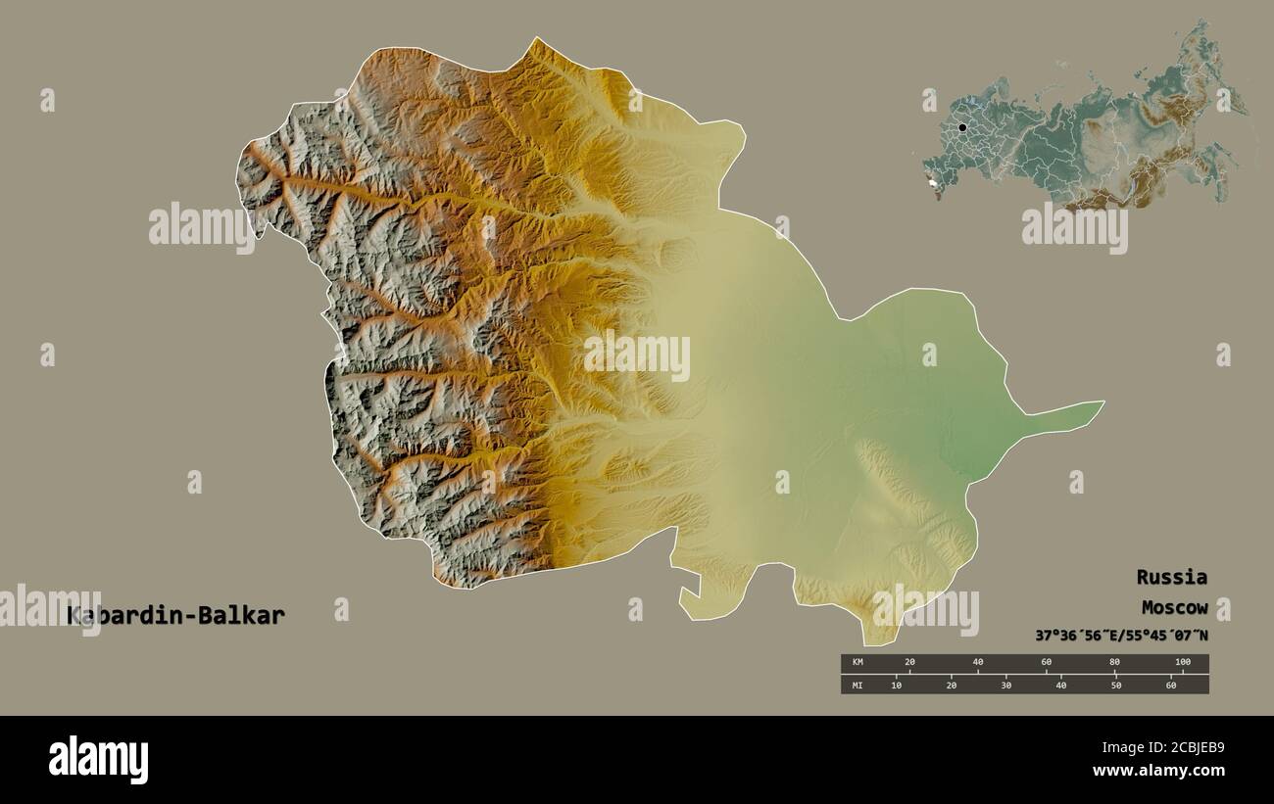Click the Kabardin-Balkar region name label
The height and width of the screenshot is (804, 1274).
coord(176,615)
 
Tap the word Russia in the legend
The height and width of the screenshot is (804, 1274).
coord(1171,577)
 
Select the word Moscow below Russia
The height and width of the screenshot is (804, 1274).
coord(1174,607)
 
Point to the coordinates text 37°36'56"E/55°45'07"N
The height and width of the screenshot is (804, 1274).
coord(1121,636)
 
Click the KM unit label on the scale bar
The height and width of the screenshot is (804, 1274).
coord(857,663)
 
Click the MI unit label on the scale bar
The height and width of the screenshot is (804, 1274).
coord(857,685)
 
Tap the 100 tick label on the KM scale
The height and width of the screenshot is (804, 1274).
coord(1182,663)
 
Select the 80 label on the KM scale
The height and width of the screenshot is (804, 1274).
coord(1114,663)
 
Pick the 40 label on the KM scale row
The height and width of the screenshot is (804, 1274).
coord(978,663)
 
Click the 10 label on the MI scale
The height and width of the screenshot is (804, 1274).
coord(896,685)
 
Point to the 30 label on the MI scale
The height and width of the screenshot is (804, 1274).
coord(1005,685)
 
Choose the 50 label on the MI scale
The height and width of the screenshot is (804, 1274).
coord(1115,685)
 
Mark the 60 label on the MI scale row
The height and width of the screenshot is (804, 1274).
coord(1170,685)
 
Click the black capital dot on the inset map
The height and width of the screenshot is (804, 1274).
coord(962,127)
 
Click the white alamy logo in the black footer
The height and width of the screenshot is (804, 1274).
coord(98,760)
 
